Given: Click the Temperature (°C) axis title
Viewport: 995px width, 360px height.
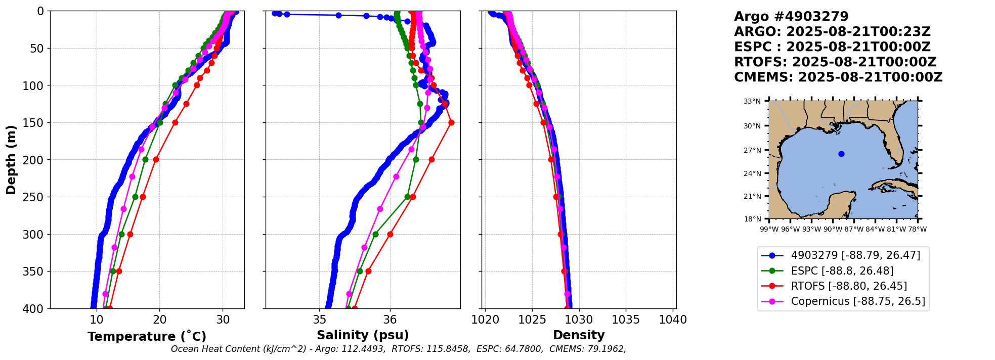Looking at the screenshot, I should (147, 337).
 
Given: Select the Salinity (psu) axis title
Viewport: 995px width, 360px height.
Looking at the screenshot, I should (363, 335).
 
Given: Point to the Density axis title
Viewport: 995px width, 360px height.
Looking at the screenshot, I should (579, 335).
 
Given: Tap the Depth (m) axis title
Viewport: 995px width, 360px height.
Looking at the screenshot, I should (11, 160).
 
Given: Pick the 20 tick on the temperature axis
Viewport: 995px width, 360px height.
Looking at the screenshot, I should (160, 320).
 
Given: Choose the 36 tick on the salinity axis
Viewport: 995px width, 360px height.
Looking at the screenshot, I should (390, 320).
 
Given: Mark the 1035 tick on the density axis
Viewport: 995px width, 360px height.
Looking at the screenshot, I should (626, 320).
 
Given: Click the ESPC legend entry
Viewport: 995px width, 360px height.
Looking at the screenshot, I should (842, 271).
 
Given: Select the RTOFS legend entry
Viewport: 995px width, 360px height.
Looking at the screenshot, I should (848, 286).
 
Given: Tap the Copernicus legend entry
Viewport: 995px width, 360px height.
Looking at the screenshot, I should (857, 301).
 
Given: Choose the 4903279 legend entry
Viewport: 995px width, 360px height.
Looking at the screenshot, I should (855, 255).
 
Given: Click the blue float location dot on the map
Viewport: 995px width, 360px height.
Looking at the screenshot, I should (841, 154).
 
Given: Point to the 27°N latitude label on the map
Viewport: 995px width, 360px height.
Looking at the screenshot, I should (752, 150).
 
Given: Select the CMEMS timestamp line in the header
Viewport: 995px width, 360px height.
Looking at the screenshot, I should (838, 77).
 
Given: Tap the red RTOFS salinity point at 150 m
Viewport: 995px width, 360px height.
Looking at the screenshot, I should (451, 122).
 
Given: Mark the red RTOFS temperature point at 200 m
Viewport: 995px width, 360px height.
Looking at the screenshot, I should (156, 160).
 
